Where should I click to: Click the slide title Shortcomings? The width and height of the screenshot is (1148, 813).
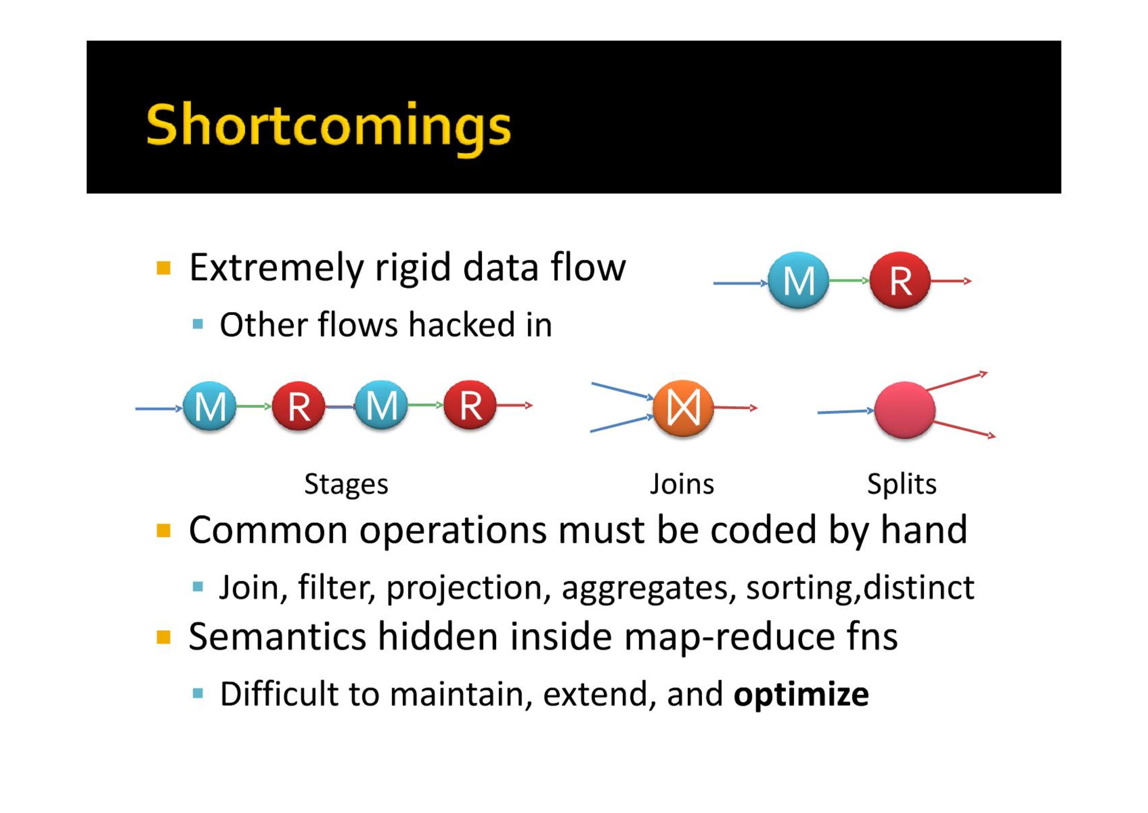328,126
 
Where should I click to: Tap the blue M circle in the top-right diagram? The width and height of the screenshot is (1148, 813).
798,281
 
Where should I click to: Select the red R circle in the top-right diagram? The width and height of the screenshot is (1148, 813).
900,281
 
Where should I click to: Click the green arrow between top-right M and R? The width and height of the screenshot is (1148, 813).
849,281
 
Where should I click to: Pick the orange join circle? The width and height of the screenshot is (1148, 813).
683,408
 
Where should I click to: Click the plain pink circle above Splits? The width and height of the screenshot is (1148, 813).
905,410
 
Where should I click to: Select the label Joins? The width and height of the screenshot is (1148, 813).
682,484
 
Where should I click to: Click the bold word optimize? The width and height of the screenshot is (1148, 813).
801,695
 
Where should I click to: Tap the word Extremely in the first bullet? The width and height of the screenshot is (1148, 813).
275,268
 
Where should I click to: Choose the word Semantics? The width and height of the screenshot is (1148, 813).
277,637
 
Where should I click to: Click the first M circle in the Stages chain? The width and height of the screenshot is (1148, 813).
210,406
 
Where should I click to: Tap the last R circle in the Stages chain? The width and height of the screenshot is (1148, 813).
470,405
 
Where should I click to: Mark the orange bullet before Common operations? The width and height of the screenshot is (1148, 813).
163,531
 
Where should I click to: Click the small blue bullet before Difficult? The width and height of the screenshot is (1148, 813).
198,693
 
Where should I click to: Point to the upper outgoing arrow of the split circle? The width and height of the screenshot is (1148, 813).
956,382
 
